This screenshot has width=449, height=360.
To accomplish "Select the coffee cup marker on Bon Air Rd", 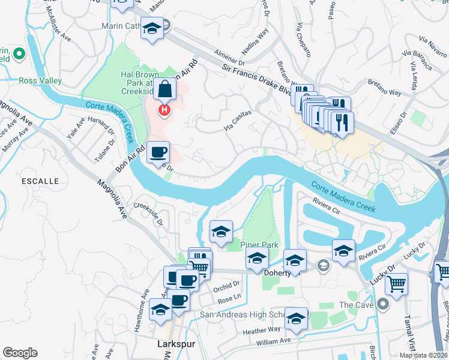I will click(x=158, y=152).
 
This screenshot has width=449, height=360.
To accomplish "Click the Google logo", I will click(x=20, y=353).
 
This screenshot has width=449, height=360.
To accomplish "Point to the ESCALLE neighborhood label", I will click(x=40, y=181).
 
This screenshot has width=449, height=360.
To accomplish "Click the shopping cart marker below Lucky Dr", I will click(x=396, y=283).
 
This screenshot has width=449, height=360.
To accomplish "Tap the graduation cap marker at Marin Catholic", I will click(x=152, y=29).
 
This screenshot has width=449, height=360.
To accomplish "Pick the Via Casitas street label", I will click(x=237, y=118).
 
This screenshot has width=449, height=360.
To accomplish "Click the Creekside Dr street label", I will click(x=148, y=213).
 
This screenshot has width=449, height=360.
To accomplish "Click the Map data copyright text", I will click(x=423, y=355).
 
